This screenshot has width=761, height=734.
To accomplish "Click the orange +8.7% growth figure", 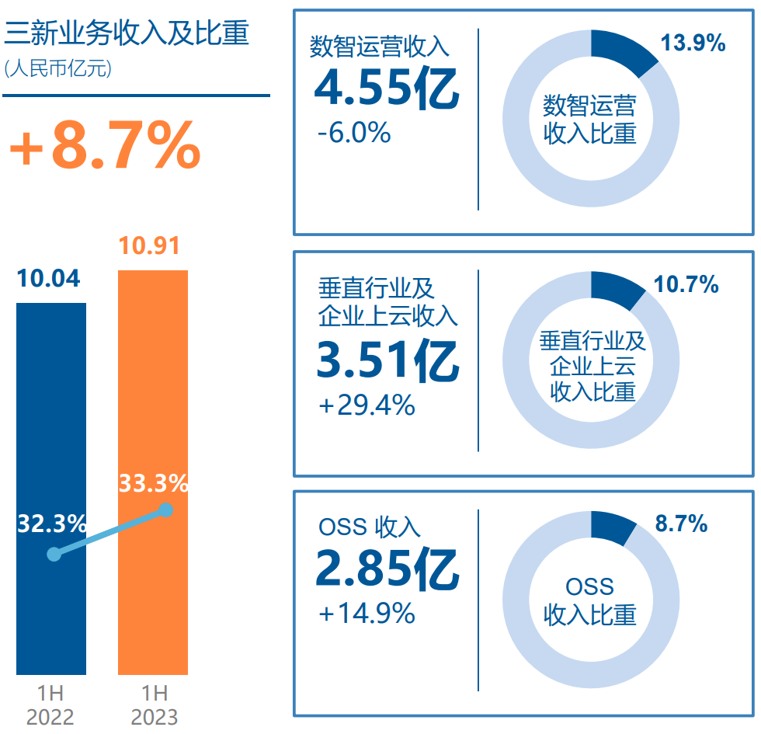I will pyautogui.click(x=105, y=145).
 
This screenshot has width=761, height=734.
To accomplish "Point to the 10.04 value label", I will pyautogui.click(x=49, y=278).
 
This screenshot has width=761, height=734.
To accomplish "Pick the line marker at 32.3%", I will pyautogui.click(x=54, y=554).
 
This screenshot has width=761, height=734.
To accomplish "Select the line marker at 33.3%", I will pyautogui.click(x=165, y=510).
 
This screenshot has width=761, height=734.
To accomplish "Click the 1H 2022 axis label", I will pyautogui.click(x=50, y=704).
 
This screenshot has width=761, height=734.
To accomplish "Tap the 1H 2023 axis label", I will pyautogui.click(x=154, y=704).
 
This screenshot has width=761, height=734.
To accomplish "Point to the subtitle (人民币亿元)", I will pyautogui.click(x=58, y=68).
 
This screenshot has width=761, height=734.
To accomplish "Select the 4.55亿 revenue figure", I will pyautogui.click(x=386, y=89).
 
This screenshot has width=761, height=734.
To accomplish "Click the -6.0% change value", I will pyautogui.click(x=354, y=134).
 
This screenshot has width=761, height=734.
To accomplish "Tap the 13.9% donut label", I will pyautogui.click(x=693, y=43).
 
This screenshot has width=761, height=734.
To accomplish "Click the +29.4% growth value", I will pyautogui.click(x=367, y=405).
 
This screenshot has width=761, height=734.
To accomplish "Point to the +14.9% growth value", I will pyautogui.click(x=367, y=614).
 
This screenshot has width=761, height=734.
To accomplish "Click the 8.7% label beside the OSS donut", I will pyautogui.click(x=681, y=524).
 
